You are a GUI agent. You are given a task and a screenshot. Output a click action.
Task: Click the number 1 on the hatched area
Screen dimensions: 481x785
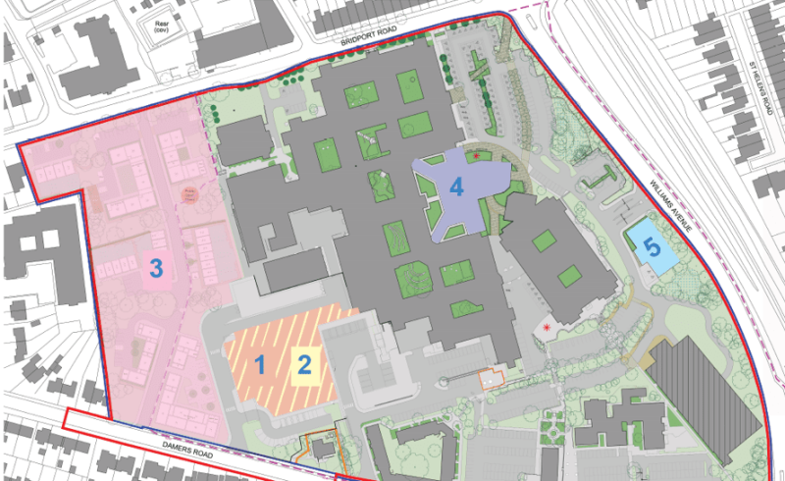point(260,365)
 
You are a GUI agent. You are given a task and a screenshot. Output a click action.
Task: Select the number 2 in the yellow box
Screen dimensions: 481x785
point(305,365)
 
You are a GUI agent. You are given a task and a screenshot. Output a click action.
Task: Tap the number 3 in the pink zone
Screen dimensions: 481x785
point(155,266)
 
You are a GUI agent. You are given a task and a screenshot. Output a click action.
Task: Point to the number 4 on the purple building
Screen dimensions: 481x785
point(455,186)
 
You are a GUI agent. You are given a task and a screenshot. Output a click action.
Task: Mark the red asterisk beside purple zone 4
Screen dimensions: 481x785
point(477,156)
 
